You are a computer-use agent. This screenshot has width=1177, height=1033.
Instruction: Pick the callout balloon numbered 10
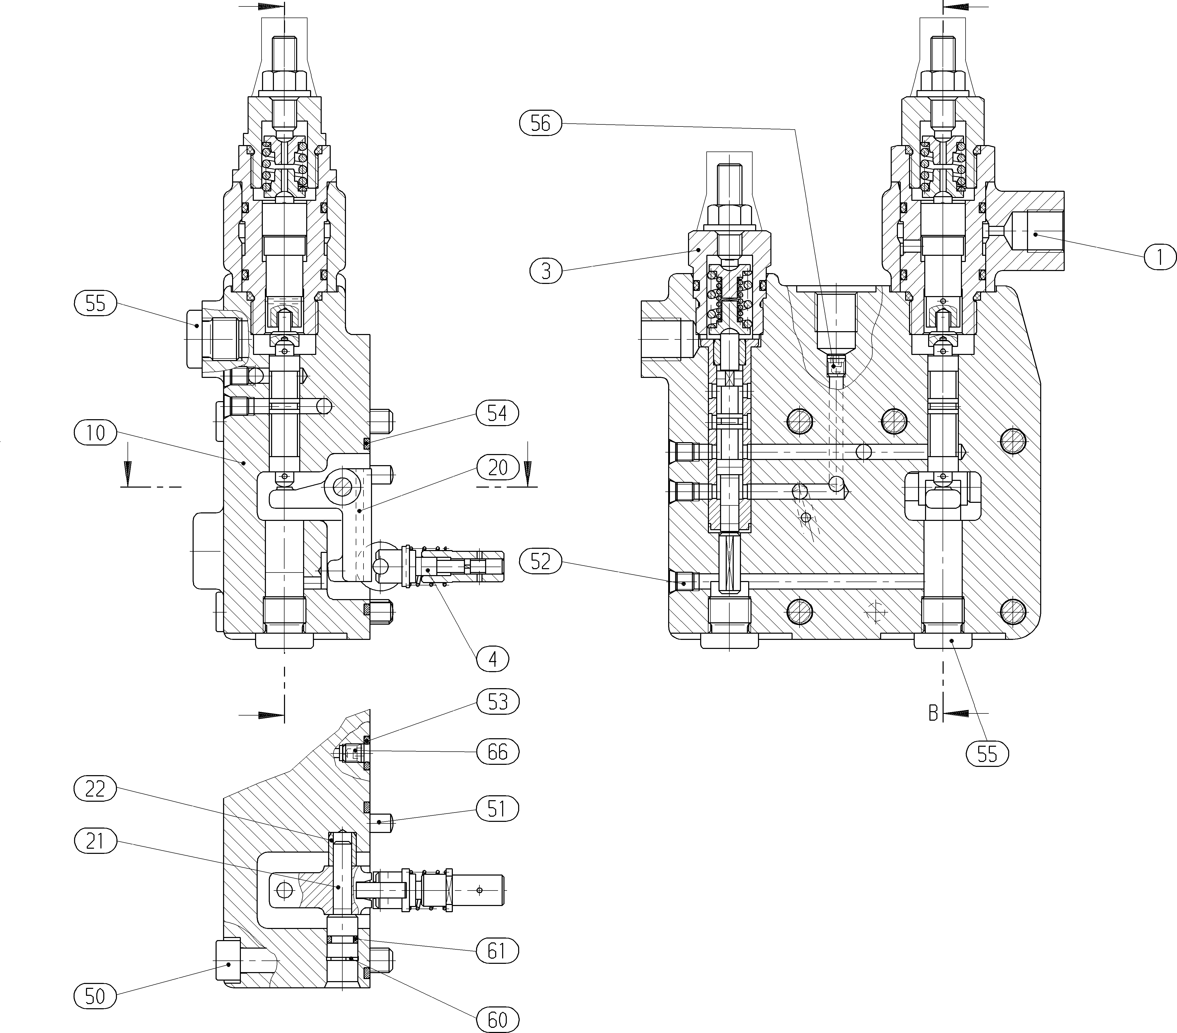96,432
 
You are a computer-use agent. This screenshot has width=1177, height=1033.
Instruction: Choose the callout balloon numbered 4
492,659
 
